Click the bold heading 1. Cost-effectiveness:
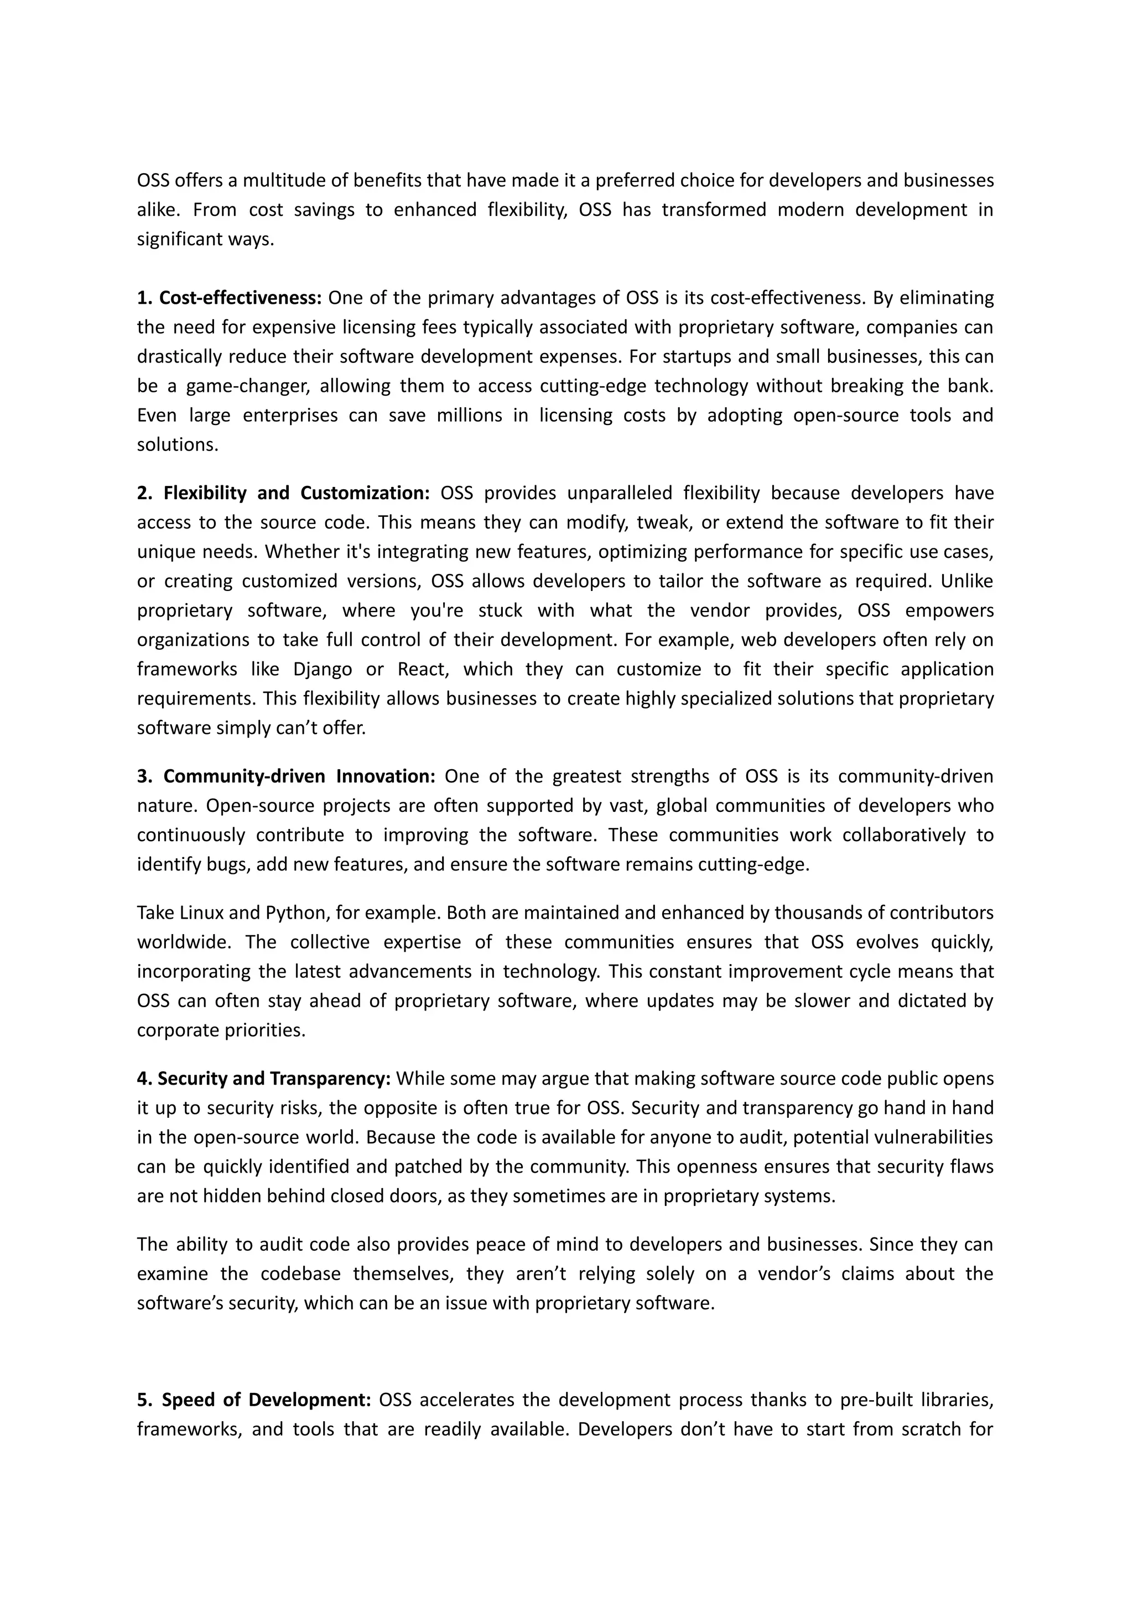pyautogui.click(x=229, y=298)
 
